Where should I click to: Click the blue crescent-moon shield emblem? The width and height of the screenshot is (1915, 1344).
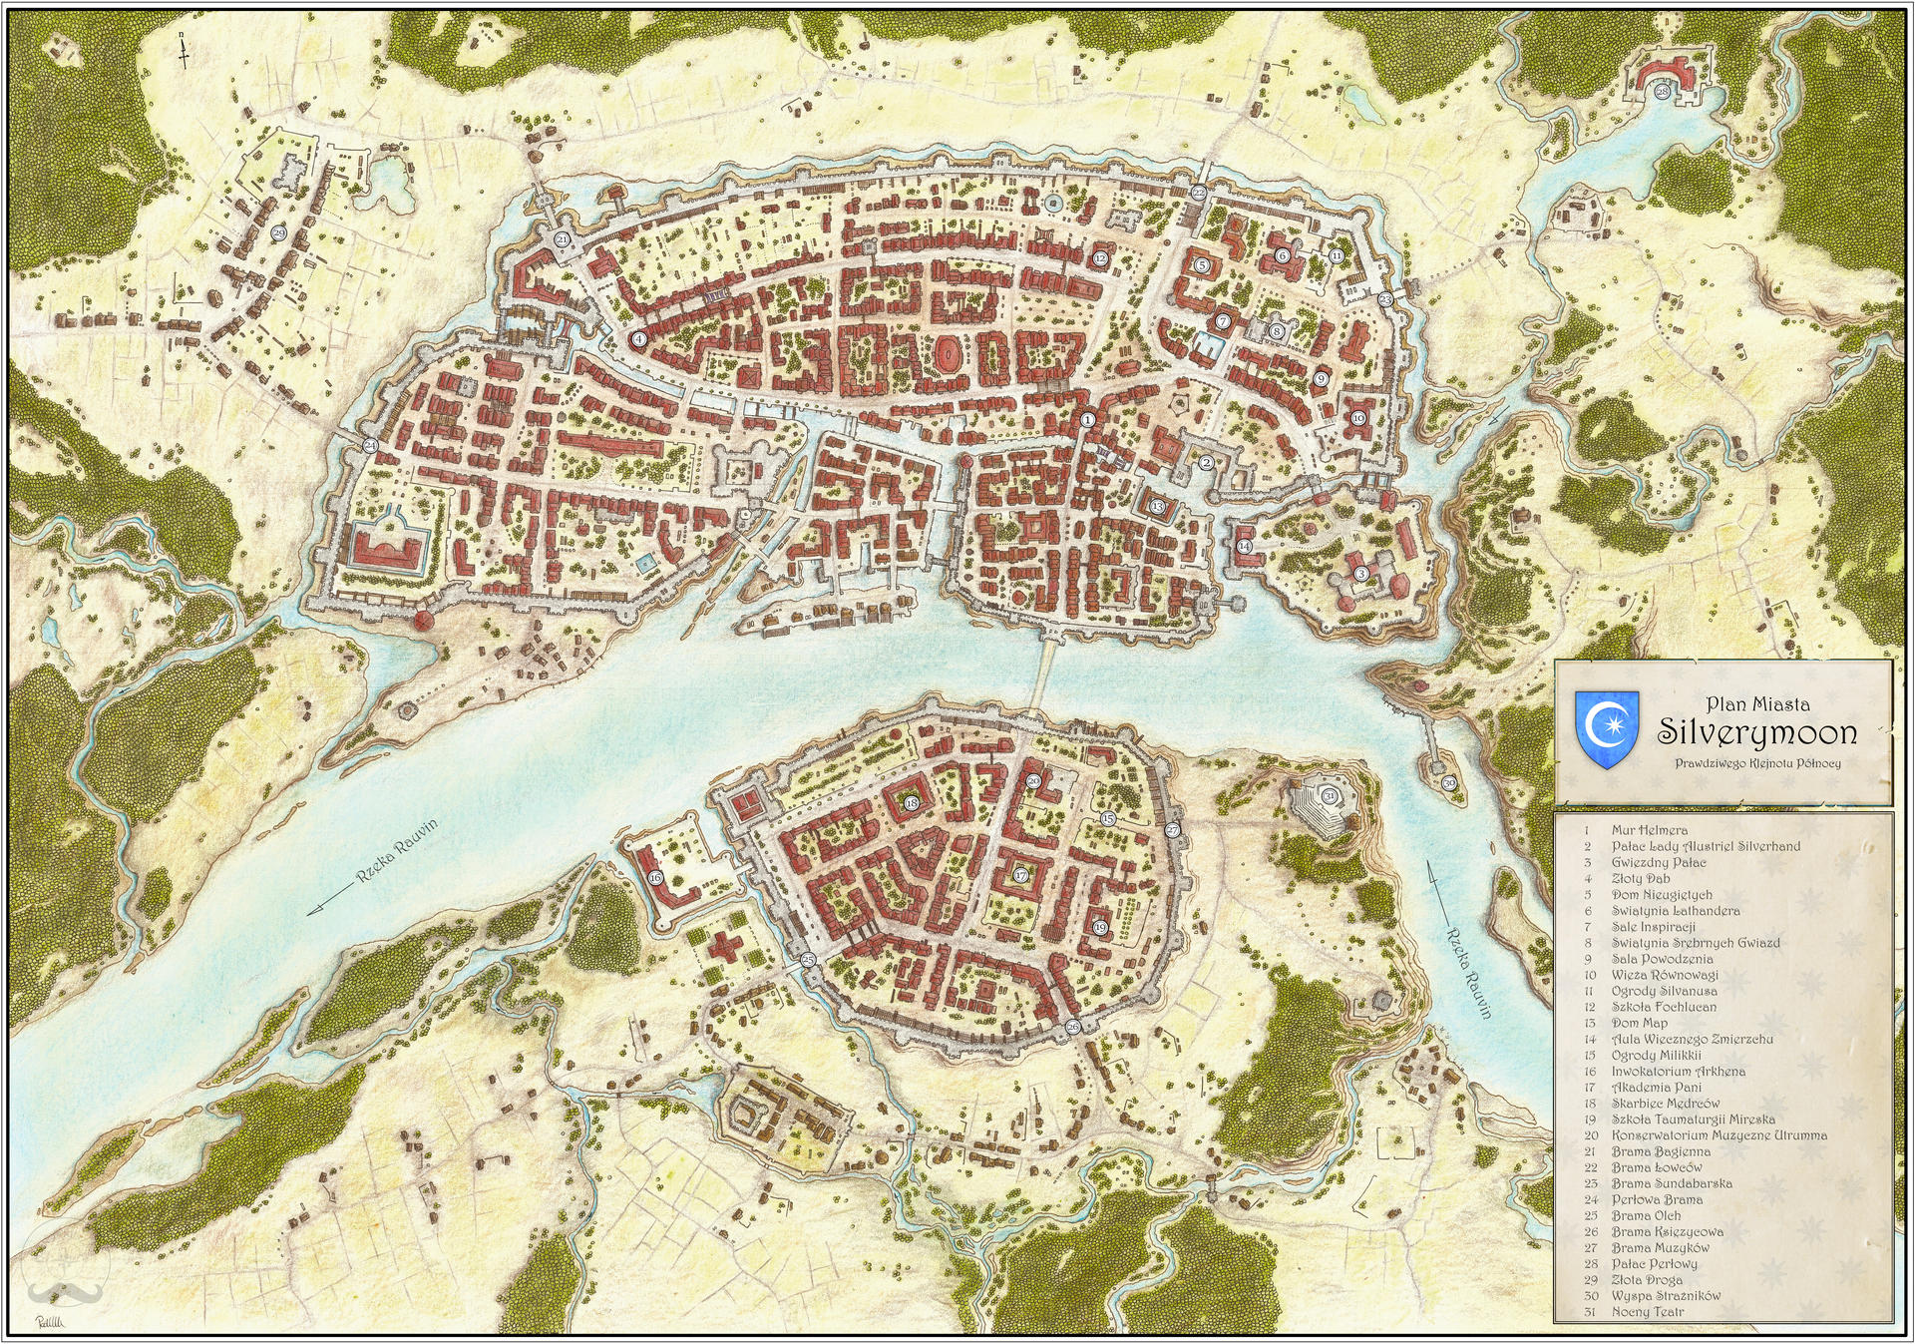[1606, 729]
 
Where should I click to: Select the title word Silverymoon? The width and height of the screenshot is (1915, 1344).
[1756, 732]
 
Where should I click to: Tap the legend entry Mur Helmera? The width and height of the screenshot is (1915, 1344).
[1650, 830]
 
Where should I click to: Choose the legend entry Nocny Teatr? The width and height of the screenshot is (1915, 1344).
[1648, 1312]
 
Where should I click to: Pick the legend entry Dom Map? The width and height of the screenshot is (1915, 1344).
[1640, 1023]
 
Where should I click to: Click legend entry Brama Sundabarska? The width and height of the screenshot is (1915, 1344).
[1672, 1183]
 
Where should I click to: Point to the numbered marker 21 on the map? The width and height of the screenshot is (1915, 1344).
[563, 239]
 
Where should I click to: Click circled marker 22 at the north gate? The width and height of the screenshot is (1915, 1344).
[1199, 193]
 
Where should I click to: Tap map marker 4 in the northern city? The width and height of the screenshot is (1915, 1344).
[639, 339]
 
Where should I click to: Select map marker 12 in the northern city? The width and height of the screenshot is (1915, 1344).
[1100, 258]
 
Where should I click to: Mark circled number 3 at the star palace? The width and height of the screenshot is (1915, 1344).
[1361, 574]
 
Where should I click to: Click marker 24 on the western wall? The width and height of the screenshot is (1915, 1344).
[370, 446]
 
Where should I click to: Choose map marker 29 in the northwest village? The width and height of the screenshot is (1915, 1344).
[278, 233]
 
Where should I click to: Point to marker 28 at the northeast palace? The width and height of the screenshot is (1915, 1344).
[1662, 92]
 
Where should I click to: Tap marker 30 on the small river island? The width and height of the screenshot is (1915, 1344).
[1449, 783]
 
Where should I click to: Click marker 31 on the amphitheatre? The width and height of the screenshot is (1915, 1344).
[1330, 796]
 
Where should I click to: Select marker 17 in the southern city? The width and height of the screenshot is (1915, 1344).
[1020, 876]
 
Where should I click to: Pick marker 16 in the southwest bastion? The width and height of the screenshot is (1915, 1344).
[655, 878]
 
